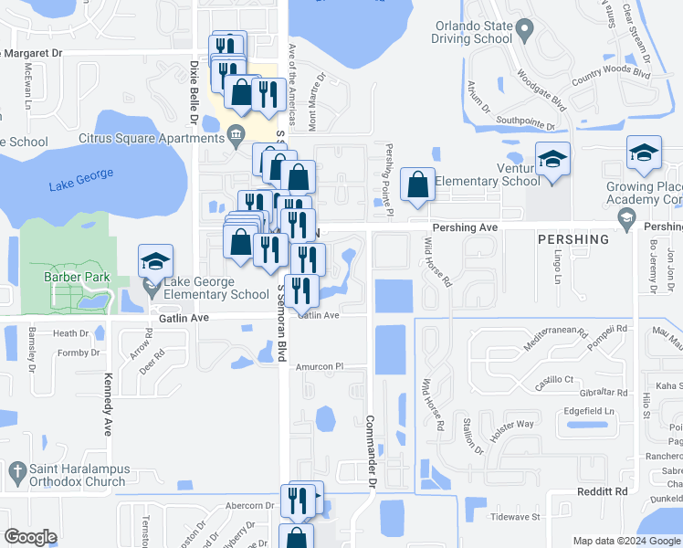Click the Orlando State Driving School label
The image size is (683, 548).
pos(474,32)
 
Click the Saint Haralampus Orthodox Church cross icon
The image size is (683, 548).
pos(16,472)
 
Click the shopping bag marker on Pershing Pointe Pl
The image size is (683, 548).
pos(417,185)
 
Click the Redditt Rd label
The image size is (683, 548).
pos(607,491)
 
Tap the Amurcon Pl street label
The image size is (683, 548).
pos(319,366)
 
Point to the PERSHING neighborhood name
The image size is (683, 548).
pos(573,239)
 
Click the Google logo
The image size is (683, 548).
pos(30,537)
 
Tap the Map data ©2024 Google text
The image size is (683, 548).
pos(626,541)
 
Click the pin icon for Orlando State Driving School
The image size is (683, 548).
pos(524,31)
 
